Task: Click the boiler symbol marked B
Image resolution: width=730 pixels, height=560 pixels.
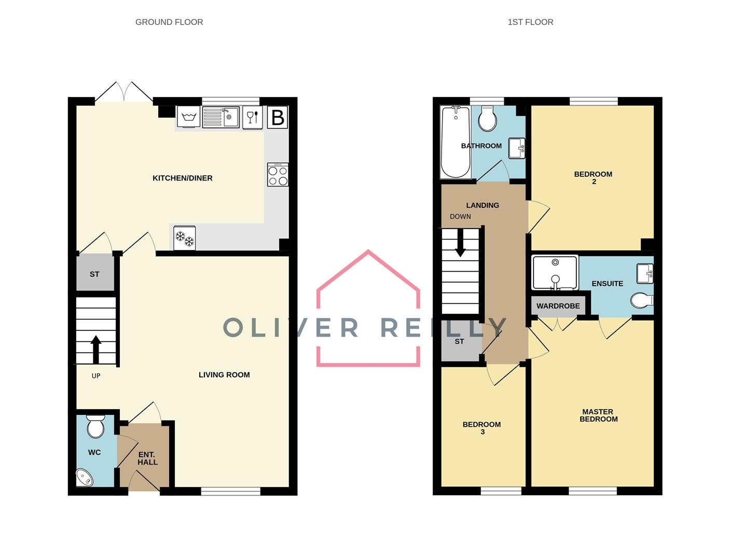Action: point(278,118)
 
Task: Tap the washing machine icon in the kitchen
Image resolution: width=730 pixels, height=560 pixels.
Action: point(188,117)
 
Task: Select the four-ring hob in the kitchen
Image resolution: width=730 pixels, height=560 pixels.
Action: point(278,175)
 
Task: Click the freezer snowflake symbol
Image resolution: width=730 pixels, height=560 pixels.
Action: point(184,238)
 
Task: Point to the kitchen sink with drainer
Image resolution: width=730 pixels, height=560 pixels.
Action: point(220,117)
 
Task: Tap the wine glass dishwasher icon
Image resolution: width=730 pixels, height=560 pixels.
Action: point(252,117)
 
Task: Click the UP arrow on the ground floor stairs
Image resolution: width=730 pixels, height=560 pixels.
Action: point(96,349)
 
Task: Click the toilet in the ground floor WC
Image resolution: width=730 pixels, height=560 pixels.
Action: point(95,426)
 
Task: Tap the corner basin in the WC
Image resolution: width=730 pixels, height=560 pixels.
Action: point(84,478)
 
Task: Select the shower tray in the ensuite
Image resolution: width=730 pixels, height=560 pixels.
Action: point(555,273)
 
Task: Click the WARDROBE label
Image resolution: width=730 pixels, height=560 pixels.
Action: point(558,306)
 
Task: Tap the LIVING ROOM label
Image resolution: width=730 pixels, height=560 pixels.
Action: point(224,375)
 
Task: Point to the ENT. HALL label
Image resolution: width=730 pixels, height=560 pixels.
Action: point(147,458)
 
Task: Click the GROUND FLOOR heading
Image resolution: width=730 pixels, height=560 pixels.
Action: point(169,22)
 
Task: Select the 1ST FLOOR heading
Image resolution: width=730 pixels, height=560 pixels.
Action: point(530,22)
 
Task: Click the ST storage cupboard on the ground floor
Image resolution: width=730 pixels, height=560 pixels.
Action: point(94,274)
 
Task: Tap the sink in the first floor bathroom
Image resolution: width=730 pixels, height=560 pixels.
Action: point(516,148)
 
